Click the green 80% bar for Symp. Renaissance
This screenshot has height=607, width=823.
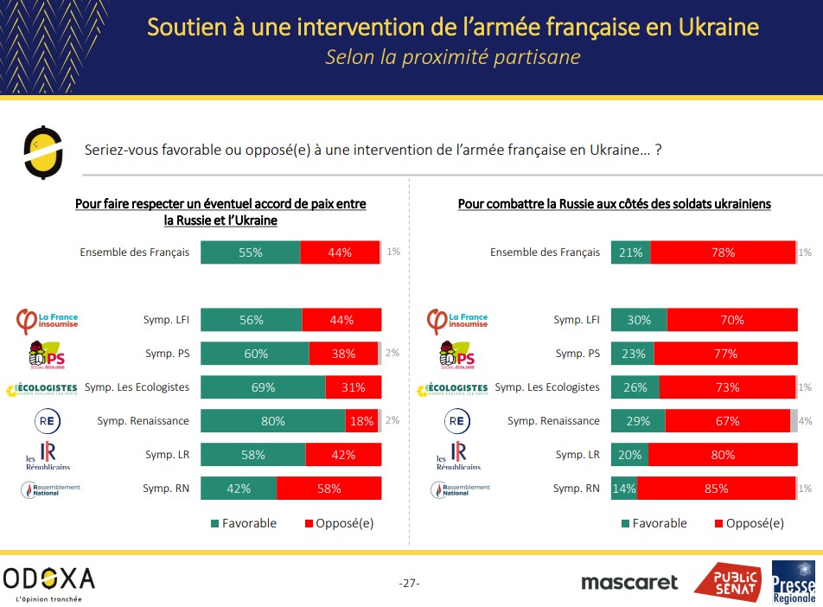[273, 421]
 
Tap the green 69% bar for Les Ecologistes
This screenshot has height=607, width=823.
[263, 387]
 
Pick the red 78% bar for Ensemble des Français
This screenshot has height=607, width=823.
[723, 252]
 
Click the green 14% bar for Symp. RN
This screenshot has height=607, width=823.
[624, 489]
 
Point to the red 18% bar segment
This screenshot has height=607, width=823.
[360, 421]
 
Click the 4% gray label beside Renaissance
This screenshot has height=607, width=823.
[806, 421]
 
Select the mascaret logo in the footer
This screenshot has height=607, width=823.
[629, 582]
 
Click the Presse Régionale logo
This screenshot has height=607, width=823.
[794, 582]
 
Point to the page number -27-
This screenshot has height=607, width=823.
[410, 583]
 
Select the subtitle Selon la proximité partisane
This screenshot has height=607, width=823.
[452, 57]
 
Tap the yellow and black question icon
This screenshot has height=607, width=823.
[43, 150]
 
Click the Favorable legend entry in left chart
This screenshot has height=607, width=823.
[243, 523]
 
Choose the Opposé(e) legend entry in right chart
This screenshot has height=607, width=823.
[749, 523]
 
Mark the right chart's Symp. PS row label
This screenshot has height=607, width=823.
[577, 354]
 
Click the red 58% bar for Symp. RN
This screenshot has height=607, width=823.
[329, 489]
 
